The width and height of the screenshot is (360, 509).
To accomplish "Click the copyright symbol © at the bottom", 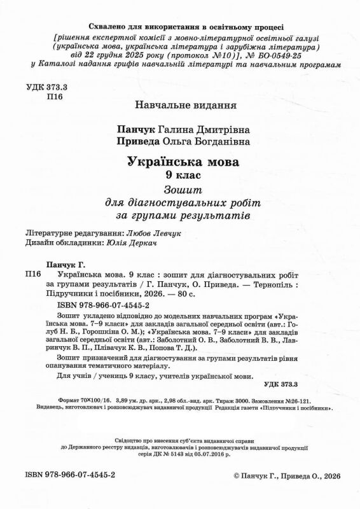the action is [x=237, y=492].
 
